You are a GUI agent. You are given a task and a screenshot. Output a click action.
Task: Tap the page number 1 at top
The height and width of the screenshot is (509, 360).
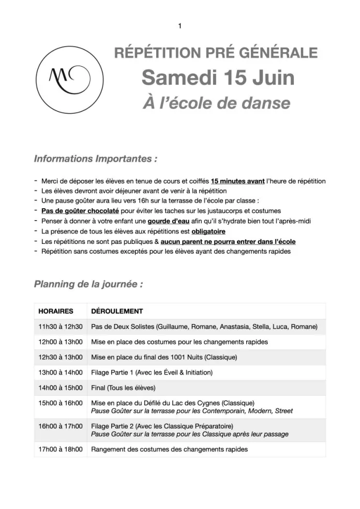[x=179, y=26]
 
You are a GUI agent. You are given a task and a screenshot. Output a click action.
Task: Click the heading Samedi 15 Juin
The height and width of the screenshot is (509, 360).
[x=218, y=79]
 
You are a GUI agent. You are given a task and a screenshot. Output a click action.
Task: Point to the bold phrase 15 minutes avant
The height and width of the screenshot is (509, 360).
[x=238, y=181]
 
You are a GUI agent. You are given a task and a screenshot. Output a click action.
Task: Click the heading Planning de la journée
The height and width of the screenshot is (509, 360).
[x=88, y=284]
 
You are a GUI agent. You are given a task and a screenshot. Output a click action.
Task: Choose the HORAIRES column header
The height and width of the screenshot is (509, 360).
[x=56, y=312]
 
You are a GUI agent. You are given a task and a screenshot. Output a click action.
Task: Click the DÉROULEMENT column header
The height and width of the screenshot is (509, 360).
[x=117, y=312]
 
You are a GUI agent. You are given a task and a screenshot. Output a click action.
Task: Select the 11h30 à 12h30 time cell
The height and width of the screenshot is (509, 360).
[x=61, y=327]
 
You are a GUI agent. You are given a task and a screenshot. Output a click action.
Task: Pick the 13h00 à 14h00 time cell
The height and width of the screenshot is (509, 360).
[x=61, y=372]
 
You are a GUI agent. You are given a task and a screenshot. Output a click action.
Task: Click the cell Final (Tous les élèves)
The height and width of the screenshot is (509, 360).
[x=123, y=388]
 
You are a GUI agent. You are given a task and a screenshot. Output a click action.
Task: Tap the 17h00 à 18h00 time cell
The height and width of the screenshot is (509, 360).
[x=61, y=449]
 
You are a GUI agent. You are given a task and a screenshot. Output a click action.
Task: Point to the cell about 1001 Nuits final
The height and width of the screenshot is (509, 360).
[x=164, y=357]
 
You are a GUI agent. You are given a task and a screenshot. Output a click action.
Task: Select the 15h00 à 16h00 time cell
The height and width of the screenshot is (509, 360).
[x=61, y=403]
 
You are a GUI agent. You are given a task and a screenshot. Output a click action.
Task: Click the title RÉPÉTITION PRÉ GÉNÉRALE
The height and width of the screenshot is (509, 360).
[x=216, y=53]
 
